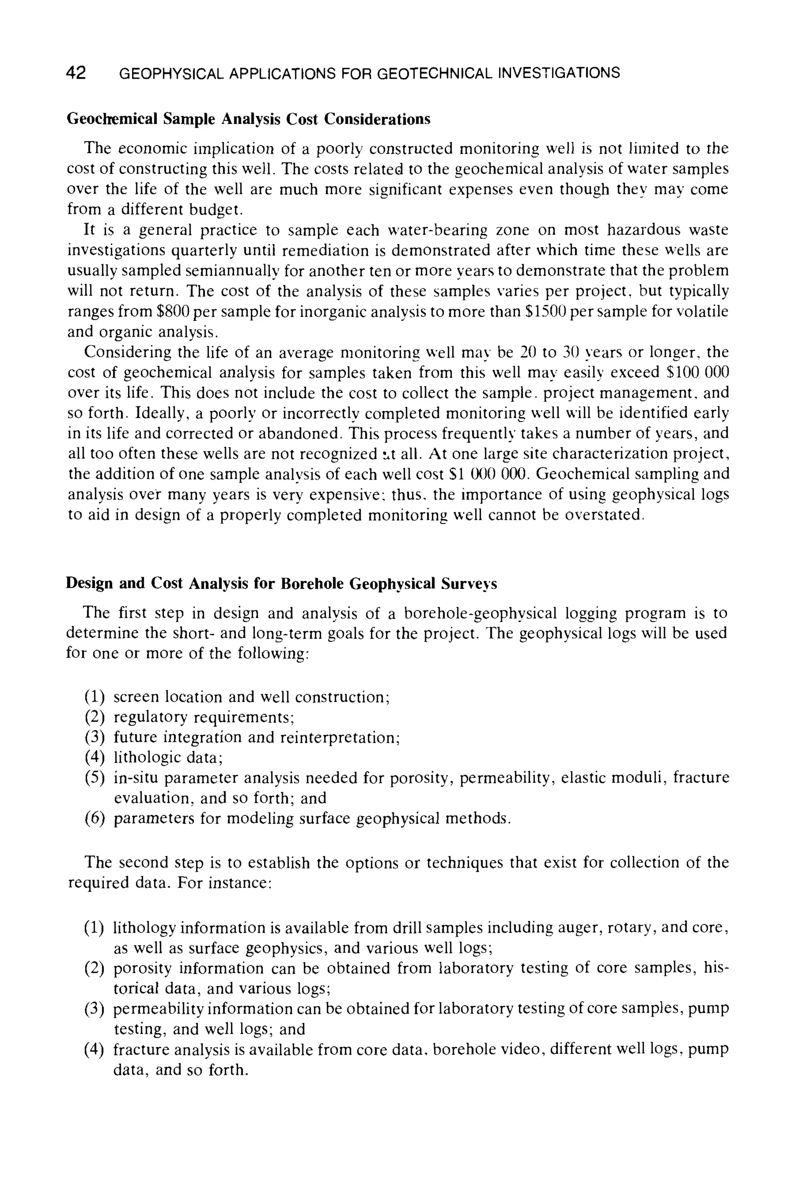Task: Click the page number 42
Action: (x=76, y=73)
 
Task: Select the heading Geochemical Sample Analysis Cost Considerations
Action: (x=248, y=119)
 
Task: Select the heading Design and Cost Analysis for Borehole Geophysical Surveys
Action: (x=281, y=584)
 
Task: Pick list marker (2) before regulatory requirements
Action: (x=94, y=717)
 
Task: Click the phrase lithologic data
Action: (x=167, y=758)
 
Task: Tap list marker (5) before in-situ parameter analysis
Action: (x=94, y=778)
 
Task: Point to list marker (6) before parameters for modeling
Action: (x=94, y=819)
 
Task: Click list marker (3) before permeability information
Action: (x=94, y=1009)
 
